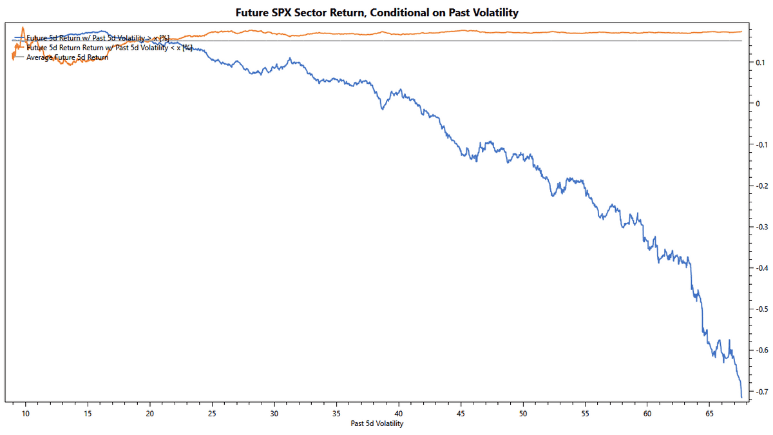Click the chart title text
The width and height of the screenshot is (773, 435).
[386, 12]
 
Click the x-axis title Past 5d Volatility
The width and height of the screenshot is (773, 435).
[377, 423]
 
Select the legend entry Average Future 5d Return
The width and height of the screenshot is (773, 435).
[67, 57]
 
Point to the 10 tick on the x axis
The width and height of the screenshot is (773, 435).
[26, 412]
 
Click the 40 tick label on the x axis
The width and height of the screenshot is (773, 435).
[399, 412]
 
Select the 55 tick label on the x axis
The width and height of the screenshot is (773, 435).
[585, 412]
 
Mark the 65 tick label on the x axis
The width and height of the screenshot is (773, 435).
[709, 412]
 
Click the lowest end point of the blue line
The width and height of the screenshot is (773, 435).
[741, 397]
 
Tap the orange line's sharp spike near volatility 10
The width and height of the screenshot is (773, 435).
[23, 28]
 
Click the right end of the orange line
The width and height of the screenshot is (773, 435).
[741, 32]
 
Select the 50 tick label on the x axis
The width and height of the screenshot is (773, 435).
[523, 412]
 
